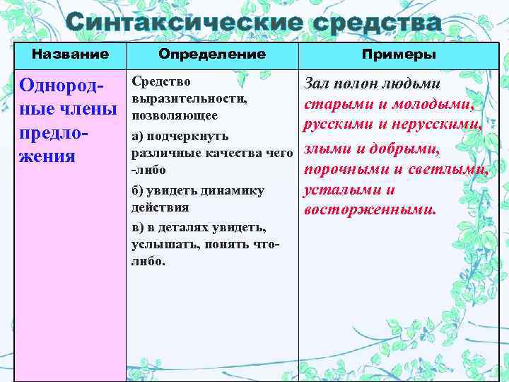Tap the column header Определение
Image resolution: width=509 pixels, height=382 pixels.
coord(212,54)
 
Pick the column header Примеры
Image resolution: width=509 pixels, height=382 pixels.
coord(399,54)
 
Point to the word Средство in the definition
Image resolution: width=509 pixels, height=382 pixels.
coord(161,82)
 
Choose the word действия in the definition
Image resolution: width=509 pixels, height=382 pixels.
coord(160,207)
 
